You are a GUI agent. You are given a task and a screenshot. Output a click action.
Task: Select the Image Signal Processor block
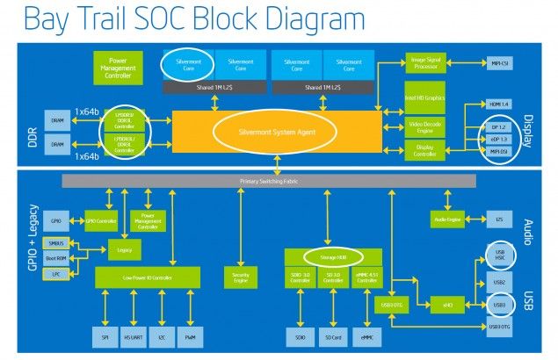click(x=425, y=63)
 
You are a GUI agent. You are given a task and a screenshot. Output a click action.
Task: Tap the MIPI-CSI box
click(x=498, y=63)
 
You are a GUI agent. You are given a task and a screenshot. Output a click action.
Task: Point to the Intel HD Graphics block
click(x=425, y=97)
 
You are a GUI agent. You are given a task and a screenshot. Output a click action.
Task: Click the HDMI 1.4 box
click(x=498, y=104)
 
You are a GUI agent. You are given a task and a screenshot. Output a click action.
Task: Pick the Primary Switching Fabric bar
click(x=270, y=181)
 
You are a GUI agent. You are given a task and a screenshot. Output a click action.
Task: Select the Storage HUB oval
click(x=331, y=257)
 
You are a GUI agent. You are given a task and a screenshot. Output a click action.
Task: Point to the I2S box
click(x=498, y=220)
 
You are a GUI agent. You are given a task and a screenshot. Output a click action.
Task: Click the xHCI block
click(x=446, y=305)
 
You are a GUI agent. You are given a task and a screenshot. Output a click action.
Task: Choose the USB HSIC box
click(x=498, y=256)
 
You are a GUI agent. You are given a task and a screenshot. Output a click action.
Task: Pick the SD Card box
click(x=331, y=335)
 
